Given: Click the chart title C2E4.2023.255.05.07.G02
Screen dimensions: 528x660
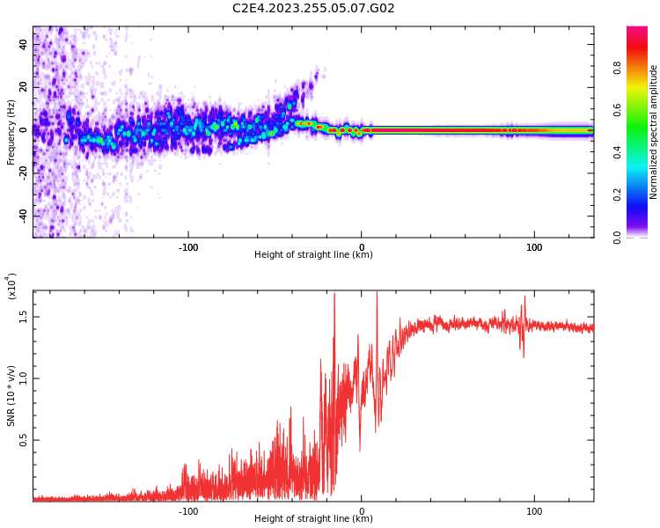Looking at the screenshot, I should pos(313,9).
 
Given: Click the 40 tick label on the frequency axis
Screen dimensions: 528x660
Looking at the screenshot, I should pos(24,43).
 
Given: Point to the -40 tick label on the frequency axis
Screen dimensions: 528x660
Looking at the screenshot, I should pos(22,216).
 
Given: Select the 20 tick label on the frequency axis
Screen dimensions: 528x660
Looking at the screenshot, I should pos(24,86).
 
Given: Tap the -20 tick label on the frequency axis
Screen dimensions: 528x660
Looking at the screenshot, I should pos(22,172).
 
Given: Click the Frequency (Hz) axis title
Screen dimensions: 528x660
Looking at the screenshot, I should pos(11,132).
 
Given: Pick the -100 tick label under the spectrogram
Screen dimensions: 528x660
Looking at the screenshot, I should pos(187,247).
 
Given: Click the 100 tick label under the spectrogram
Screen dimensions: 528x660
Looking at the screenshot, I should pos(534,247).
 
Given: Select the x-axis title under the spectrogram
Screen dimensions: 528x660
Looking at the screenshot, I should pos(313,256).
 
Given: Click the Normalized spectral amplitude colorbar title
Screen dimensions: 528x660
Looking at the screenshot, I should pos(654,132).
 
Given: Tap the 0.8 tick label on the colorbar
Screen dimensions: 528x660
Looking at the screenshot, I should pos(642,67).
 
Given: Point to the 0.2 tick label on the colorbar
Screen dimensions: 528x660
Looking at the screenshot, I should pos(642,194).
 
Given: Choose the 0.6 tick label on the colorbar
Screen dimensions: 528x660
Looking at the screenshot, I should pos(642,109).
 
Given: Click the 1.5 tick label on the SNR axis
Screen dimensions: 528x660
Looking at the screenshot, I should pos(24,317).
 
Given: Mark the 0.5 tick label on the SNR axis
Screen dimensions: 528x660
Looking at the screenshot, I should pos(24,441).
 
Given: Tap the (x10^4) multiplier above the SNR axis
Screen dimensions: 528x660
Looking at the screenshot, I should pos(12,286).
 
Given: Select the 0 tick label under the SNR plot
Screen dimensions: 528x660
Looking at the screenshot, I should pos(362,511).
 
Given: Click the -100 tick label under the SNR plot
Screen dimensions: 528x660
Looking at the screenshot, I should pos(187,511).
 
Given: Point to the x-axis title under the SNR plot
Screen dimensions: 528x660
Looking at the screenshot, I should pos(313,519).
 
